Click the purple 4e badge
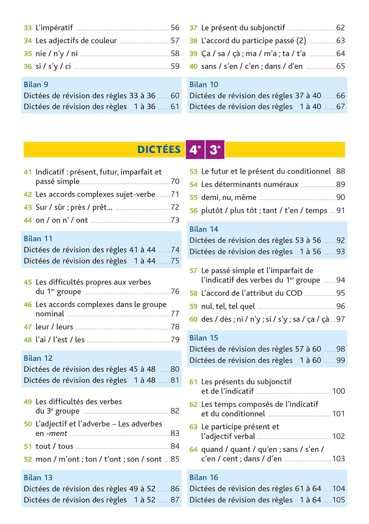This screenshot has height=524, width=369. (x=195, y=150)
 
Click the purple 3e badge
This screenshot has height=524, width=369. (x=215, y=150)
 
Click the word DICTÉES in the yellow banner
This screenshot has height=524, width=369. (x=159, y=150)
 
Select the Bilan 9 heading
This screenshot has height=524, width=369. (x=36, y=85)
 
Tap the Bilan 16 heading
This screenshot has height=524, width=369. (x=204, y=477)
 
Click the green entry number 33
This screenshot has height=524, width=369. (x=28, y=28)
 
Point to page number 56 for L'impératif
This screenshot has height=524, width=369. (x=175, y=28)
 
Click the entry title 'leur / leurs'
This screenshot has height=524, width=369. (x=54, y=327)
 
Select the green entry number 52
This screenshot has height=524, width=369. (x=28, y=459)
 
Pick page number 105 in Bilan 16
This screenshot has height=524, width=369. (x=338, y=500)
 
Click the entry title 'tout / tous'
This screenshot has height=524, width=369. (x=54, y=446)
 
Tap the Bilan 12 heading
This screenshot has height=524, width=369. (x=38, y=358)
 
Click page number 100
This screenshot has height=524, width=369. (x=338, y=391)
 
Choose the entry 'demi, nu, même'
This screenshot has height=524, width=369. (x=229, y=197)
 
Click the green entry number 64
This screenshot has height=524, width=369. (x=193, y=450)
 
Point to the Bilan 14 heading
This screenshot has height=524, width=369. (x=204, y=229)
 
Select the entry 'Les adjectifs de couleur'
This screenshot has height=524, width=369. (x=76, y=41)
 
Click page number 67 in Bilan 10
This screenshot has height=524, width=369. (x=340, y=107)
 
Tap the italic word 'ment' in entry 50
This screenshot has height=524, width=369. (x=58, y=434)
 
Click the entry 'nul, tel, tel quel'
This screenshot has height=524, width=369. (x=228, y=306)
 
